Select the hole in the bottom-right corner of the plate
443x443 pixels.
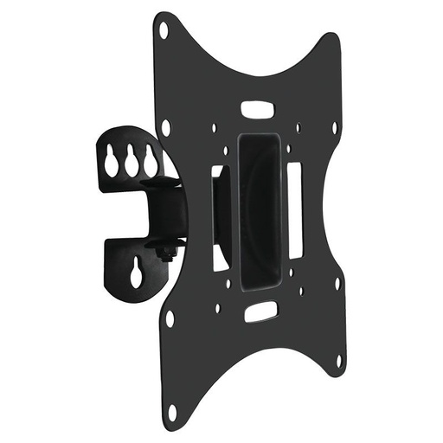[x=340, y=359]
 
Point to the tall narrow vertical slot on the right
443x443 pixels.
[x=295, y=209]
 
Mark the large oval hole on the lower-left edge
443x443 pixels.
[x=170, y=318]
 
